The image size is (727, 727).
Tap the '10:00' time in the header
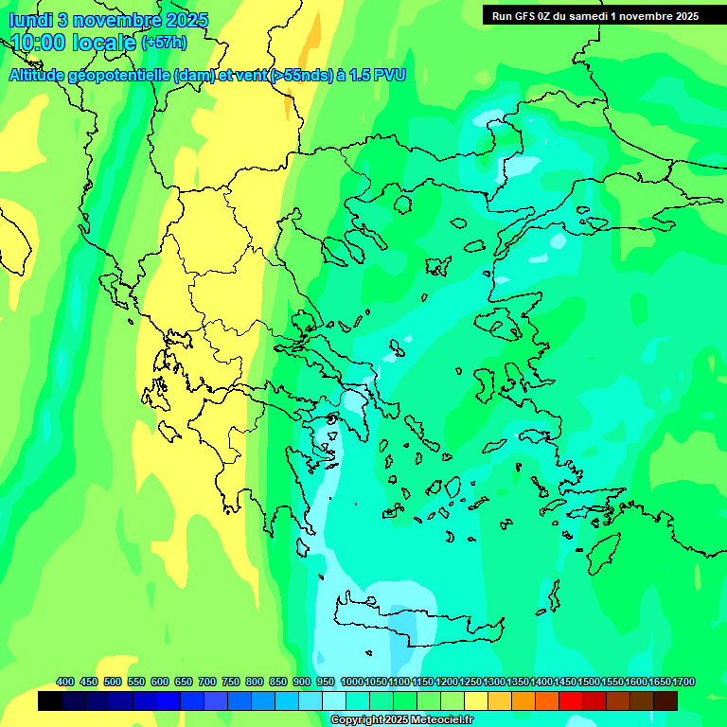[40, 43]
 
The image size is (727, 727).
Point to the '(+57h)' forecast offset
[164, 43]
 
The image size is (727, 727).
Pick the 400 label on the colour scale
[64, 682]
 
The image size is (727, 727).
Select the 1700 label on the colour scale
[683, 682]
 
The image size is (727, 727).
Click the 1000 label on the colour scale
[352, 682]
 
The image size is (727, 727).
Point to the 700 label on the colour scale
[206, 682]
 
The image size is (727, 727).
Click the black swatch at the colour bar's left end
[50, 700]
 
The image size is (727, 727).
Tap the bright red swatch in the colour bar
[571, 700]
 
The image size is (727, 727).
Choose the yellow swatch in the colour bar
[476, 700]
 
